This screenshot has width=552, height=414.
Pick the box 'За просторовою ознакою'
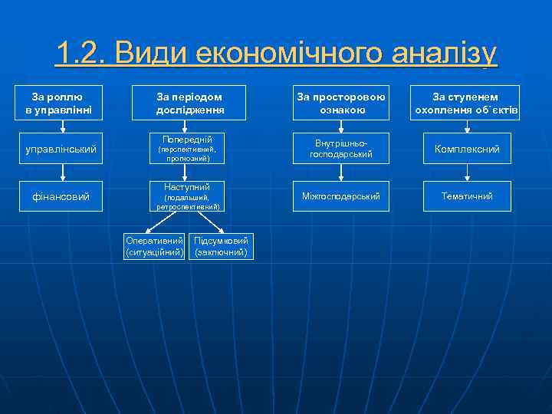coord(341,103)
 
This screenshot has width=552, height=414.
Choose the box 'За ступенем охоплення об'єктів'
coord(466,103)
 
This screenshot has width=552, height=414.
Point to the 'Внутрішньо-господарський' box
coord(341,149)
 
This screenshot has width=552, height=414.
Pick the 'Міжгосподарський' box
coord(341,197)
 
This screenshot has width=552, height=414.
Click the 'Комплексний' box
coord(466,149)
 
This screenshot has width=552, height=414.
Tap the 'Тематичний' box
coord(466,197)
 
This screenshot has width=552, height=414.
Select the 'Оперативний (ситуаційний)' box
coord(156,246)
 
